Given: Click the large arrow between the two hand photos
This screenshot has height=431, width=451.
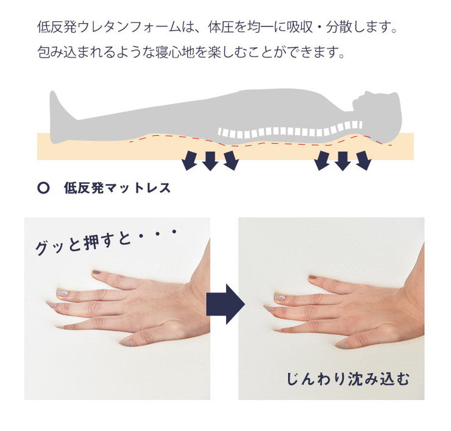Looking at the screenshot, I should coord(224,303).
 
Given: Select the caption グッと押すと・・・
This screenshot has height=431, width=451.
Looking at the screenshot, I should coord(104,240).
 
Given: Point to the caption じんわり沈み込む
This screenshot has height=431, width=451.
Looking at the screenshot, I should coord(348,379).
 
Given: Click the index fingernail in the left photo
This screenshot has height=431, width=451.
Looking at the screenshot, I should coord(96,273).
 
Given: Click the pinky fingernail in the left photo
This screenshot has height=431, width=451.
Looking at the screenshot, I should coord(60,327).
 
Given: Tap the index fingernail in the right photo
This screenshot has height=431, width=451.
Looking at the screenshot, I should coord(312,278).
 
